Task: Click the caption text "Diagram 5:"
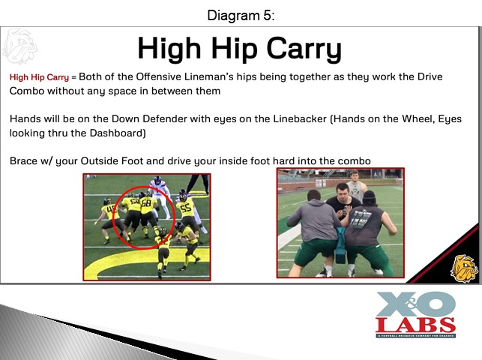pos(241,15)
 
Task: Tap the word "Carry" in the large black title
pos(304,49)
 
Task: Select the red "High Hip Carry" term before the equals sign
pos(39,76)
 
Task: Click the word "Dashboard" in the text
pos(116,133)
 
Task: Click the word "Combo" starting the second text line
pos(27,91)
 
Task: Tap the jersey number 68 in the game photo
pos(146,202)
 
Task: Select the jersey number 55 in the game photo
pos(186,208)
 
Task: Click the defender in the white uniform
pos(160,196)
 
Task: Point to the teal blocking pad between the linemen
pos(341,245)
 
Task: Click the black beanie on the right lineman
pos(370,196)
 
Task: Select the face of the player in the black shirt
pos(342,193)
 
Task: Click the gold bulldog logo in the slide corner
pos(464,268)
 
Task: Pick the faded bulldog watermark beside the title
pos(19,46)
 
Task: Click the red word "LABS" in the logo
pos(415,325)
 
